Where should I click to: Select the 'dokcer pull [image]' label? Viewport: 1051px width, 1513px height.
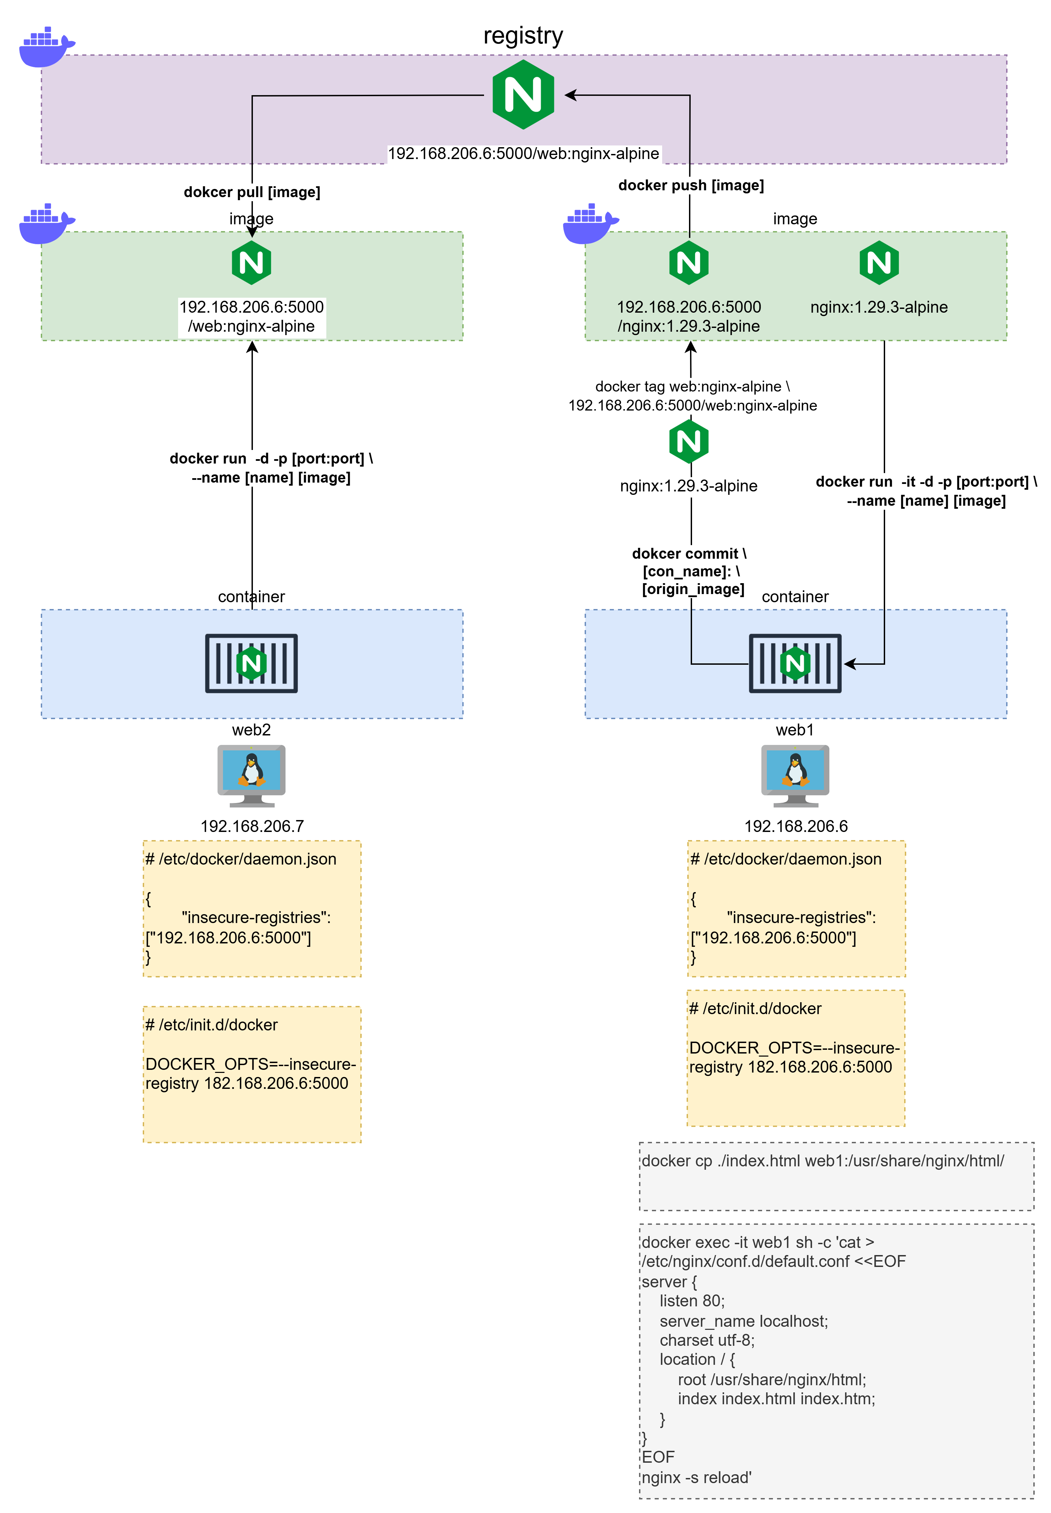[252, 192]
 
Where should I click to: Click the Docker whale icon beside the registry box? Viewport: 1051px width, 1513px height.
[46, 47]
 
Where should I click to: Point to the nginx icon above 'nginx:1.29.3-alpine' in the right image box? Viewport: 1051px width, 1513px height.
[879, 263]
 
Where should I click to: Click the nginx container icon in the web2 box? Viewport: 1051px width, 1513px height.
[252, 663]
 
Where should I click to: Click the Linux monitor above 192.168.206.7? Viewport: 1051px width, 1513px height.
[252, 776]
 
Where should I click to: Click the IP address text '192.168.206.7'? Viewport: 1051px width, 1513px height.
[252, 826]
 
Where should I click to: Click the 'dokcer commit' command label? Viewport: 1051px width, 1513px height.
[689, 554]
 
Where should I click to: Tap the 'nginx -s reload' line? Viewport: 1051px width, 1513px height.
[697, 1477]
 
